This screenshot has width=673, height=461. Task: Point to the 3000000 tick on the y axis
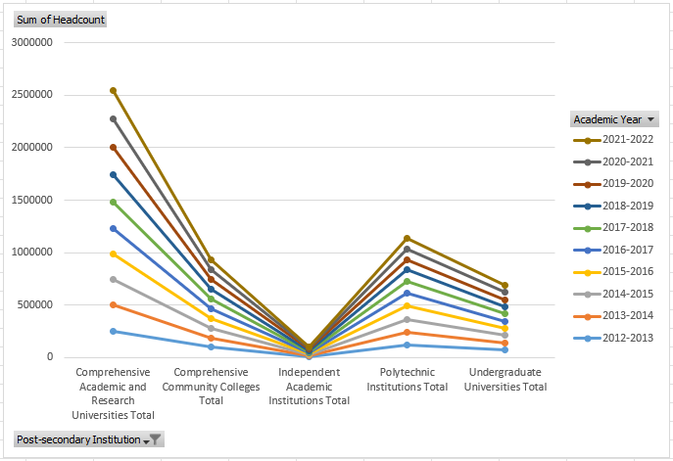[x=32, y=43]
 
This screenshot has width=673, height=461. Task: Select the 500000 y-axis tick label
[x=36, y=305]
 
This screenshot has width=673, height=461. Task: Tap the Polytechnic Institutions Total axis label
[x=409, y=380]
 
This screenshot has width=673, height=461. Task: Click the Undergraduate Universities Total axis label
[x=506, y=380]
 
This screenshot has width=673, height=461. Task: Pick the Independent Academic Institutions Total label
[x=310, y=387]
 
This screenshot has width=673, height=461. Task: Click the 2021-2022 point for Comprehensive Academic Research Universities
[x=114, y=91]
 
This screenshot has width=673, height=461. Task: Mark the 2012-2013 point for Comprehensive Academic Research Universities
[x=114, y=331]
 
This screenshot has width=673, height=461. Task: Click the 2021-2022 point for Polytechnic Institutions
[x=408, y=238]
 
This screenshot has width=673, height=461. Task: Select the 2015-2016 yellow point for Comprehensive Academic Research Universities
[x=114, y=254]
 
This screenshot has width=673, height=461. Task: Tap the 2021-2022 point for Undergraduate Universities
[x=505, y=285]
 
